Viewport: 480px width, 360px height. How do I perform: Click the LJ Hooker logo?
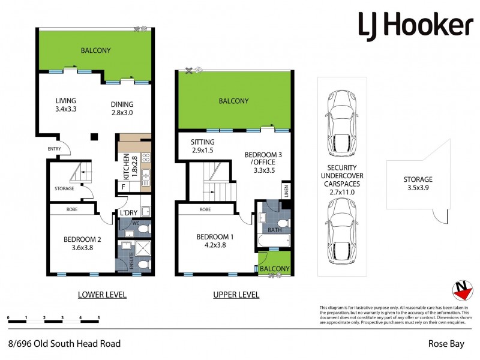click(x=415, y=25)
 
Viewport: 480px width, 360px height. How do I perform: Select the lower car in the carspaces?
click(x=340, y=227)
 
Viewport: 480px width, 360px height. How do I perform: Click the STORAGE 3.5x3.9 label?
click(x=418, y=183)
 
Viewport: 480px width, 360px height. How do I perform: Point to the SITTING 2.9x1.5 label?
click(x=202, y=146)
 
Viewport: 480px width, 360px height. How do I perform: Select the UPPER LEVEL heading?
click(x=236, y=295)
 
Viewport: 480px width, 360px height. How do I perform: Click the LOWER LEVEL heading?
click(x=103, y=295)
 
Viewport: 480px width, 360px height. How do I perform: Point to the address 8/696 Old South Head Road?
click(x=64, y=344)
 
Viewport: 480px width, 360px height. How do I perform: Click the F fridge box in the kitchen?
click(x=124, y=187)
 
